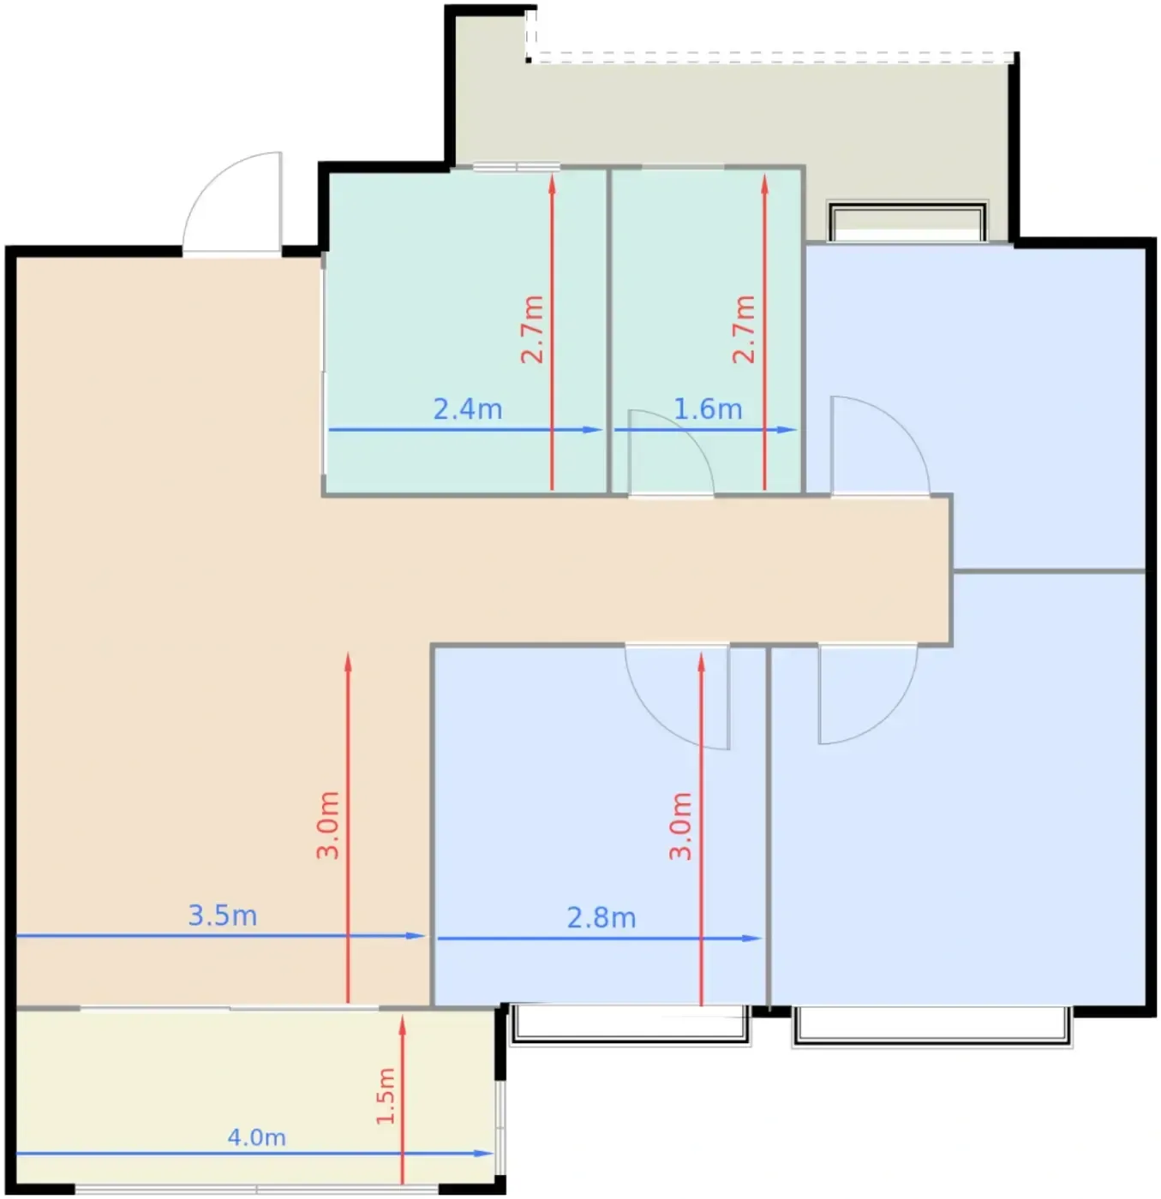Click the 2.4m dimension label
[467, 409]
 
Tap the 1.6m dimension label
[708, 409]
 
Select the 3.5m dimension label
[223, 916]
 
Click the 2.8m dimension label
[601, 918]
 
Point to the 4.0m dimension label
[256, 1137]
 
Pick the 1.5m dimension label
[386, 1096]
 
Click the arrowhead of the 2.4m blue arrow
[593, 429]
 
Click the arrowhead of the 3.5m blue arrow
[416, 935]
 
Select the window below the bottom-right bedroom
[932, 1025]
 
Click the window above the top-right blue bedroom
[907, 222]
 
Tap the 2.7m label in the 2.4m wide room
[532, 329]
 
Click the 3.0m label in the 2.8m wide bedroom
[680, 826]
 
